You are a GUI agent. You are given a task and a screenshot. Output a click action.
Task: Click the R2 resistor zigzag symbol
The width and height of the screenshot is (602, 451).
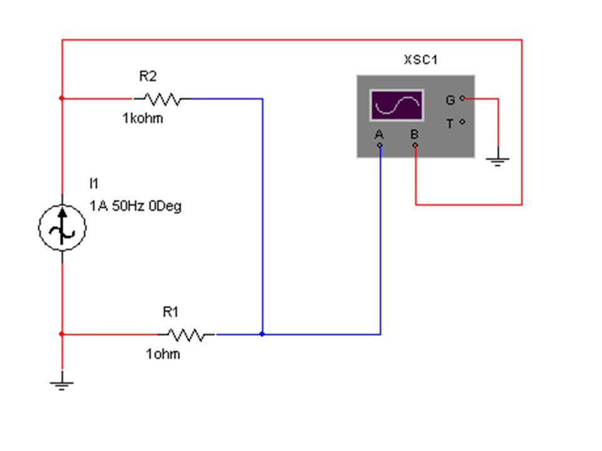[x=162, y=99]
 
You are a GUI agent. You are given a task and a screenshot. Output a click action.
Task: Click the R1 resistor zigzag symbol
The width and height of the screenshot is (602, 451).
[x=187, y=334]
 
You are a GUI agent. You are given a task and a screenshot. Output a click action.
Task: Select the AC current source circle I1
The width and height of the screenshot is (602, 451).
[x=62, y=228]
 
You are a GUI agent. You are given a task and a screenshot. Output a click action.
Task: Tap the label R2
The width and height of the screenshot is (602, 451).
[x=148, y=76]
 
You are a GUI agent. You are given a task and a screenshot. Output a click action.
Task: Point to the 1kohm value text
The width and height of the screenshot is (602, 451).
[x=143, y=118]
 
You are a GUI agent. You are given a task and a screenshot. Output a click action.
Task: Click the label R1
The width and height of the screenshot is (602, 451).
[x=171, y=312]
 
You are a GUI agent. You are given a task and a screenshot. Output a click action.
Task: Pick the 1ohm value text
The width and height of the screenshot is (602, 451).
[x=163, y=353]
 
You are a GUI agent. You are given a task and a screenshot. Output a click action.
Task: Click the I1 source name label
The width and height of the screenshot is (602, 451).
[x=93, y=184]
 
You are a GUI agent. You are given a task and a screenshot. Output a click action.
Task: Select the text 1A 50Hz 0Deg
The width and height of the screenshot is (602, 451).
[x=135, y=206]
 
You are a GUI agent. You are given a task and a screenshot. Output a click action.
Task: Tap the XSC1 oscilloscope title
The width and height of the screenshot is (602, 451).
[x=421, y=60]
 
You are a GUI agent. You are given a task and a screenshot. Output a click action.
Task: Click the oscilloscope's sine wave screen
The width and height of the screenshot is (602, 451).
[x=397, y=105]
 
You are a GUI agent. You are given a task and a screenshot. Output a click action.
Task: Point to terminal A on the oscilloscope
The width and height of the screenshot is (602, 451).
[x=380, y=145]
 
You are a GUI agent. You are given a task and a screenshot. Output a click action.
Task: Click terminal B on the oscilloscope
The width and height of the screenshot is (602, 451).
[x=415, y=145]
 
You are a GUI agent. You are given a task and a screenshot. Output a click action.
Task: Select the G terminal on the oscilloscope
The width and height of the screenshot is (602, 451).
[x=462, y=98]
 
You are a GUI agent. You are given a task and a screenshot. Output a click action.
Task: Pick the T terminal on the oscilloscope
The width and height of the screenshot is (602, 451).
[x=462, y=122]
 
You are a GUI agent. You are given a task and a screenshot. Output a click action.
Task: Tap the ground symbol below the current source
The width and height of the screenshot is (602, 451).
[x=62, y=383]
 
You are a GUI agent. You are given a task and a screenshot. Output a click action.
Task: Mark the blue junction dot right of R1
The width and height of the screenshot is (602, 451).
[x=262, y=334]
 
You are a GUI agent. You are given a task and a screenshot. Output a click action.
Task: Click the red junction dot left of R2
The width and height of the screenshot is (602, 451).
[x=62, y=98]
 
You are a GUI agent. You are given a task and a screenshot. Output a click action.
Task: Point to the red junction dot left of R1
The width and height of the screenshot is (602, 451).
[x=62, y=334]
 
